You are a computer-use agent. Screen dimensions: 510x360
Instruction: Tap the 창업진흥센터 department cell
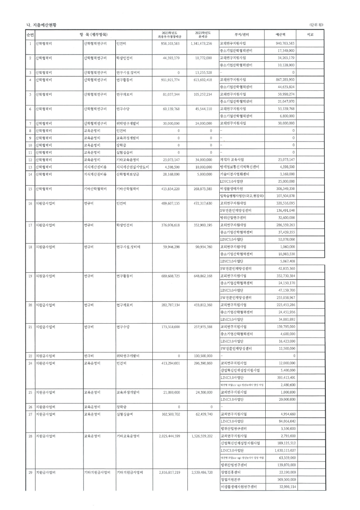(231, 472)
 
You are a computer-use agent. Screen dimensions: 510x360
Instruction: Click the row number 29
(30, 472)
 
